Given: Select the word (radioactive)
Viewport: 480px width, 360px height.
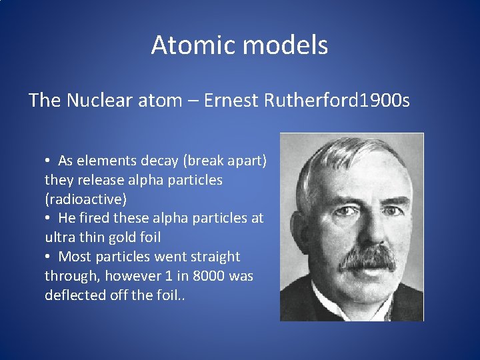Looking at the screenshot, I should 85,199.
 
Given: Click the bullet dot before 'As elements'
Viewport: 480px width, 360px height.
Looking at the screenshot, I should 48,161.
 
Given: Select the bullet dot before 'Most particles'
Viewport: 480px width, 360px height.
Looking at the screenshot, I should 48,257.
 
